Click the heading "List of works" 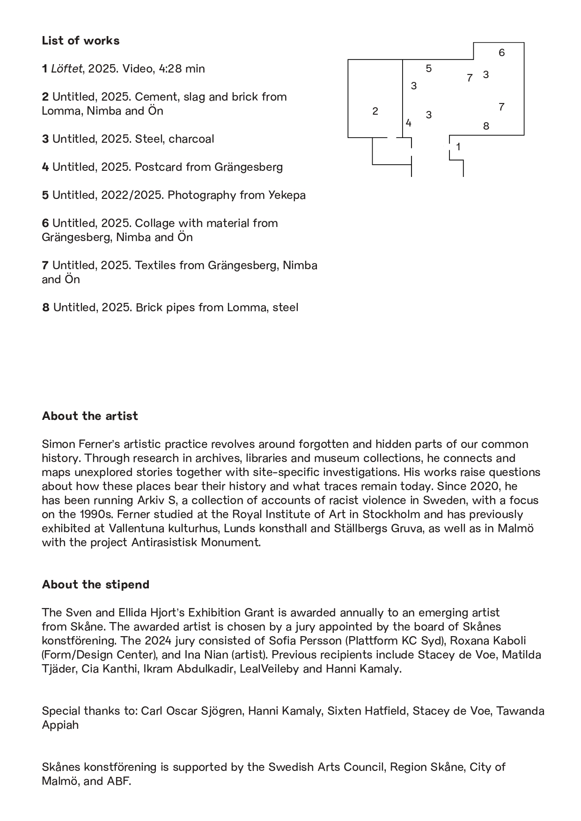[x=81, y=41]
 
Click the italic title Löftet [x=66, y=69]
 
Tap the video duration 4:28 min [x=182, y=69]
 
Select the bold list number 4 [x=45, y=167]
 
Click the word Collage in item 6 [x=154, y=223]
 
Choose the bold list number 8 [x=45, y=308]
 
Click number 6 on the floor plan [x=501, y=52]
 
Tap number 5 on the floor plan [x=428, y=69]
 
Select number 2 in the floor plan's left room [x=375, y=111]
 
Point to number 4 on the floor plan [x=408, y=123]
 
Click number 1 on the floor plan [x=458, y=147]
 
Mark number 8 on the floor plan [x=486, y=126]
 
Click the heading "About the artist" [x=90, y=416]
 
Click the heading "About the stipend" [x=96, y=585]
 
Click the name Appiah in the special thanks [x=60, y=725]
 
